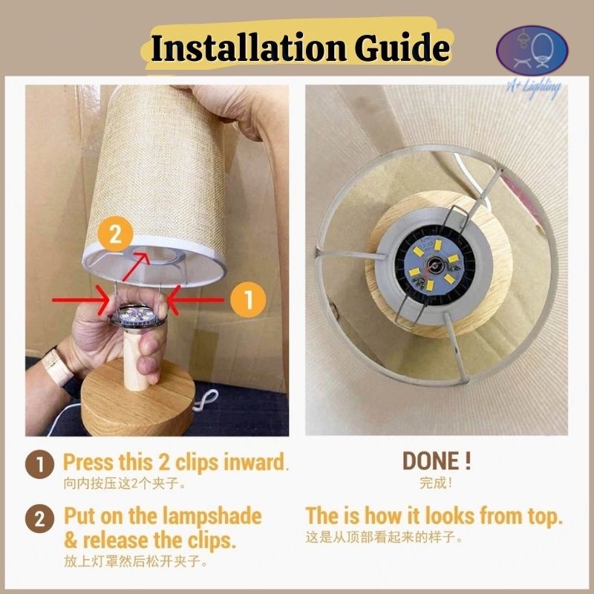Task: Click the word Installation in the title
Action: [248, 48]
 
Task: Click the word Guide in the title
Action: [402, 48]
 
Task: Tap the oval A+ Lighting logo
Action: [532, 50]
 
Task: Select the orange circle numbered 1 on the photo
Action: [248, 300]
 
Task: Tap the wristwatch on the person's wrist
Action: [58, 366]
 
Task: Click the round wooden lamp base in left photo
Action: [138, 402]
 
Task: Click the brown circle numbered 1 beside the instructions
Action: [40, 465]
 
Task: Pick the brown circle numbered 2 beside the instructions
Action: [40, 518]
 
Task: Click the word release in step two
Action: [116, 541]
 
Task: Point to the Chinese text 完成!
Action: [436, 483]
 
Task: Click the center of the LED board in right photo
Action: [434, 264]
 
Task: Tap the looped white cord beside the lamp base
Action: [206, 401]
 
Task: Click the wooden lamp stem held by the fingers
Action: [137, 361]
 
